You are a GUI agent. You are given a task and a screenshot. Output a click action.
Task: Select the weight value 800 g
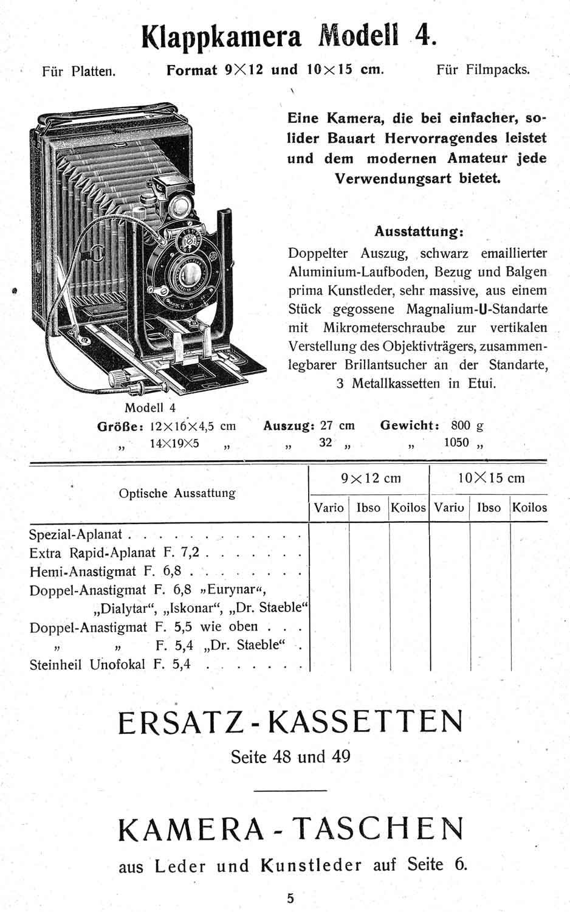467,426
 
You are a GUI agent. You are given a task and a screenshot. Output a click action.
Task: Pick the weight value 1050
456,443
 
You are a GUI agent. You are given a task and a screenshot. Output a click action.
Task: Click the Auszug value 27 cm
337,426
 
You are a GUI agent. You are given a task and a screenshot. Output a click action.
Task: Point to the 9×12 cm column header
371,478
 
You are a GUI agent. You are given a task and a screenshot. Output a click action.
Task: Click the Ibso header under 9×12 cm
368,508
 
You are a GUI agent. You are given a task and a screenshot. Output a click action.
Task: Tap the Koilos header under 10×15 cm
529,508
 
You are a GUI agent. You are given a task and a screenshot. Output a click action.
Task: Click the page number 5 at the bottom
290,897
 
